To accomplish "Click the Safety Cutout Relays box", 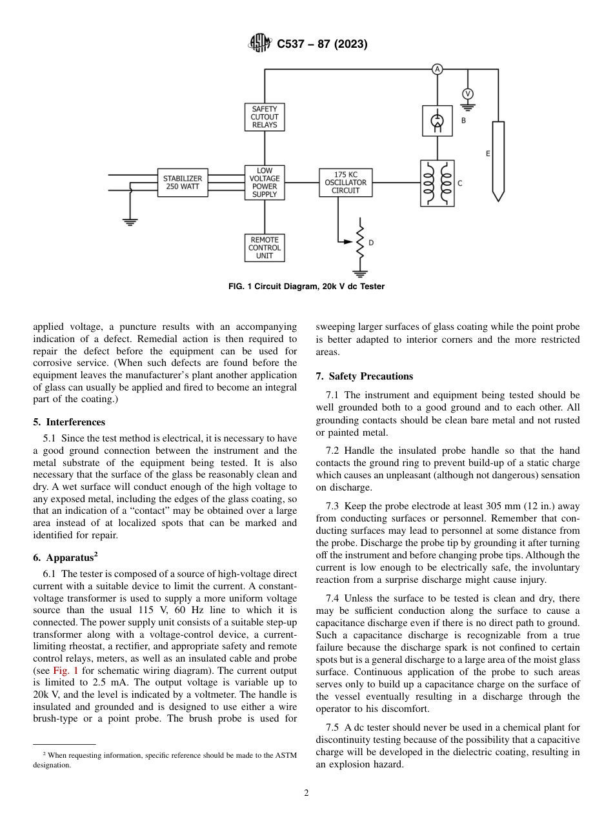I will point(265,117).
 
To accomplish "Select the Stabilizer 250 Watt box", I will point(183,183).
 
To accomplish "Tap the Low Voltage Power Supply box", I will point(265,183).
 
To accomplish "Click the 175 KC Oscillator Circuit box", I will point(346,183).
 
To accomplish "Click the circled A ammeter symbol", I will point(437,69).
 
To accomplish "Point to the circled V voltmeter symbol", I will point(468,94).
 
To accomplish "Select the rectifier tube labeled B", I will point(437,121).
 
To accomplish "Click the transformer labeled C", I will point(437,183).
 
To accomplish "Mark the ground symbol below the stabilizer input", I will point(130,222).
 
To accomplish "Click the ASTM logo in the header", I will point(260,44).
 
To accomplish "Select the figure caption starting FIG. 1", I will point(306,287).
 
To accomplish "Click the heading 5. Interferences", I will point(69,422).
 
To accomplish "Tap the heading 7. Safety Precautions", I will point(365,376).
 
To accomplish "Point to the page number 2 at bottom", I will point(306,793).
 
